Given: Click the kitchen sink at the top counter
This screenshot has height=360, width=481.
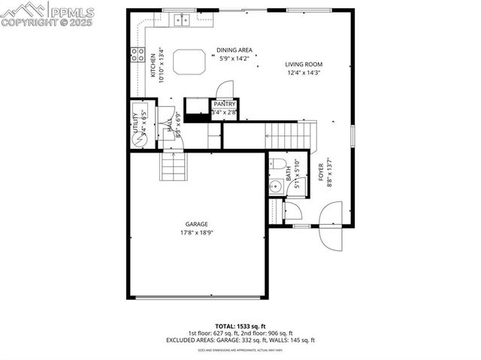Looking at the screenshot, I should pos(181,20).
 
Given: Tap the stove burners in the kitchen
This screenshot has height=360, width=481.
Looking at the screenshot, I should pos(138,54).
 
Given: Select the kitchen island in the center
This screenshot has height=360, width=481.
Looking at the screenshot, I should pos(189,62).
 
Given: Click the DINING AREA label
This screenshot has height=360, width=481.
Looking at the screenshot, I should pos(234,50).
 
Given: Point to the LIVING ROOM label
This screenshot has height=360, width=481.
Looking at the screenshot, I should pos(303,65).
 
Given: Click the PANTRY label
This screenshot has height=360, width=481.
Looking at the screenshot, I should pos(225,104).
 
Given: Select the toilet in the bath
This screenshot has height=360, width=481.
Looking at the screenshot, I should pos(277,163).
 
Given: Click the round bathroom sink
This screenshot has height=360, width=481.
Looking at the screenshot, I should pos(275,187).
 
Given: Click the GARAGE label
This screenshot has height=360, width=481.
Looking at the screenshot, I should pos(197,224).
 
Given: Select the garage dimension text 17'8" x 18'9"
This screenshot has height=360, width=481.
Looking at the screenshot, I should pos(197,232).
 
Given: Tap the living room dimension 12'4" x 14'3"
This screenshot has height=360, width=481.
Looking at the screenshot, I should pos(303,73).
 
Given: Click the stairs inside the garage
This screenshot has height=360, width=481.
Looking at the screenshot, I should pos(172,165).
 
